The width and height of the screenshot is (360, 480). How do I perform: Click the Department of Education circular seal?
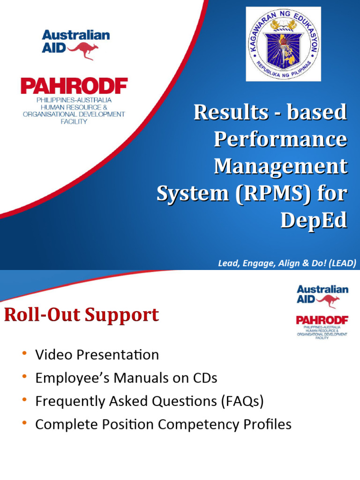point(284,44)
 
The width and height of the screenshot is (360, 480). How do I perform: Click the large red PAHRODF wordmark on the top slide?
point(74,87)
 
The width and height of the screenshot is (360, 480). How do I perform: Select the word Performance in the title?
point(281,139)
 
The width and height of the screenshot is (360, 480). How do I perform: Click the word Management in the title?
point(281,166)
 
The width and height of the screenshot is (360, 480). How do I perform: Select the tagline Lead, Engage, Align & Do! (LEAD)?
point(287,263)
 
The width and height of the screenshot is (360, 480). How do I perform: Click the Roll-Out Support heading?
point(82,315)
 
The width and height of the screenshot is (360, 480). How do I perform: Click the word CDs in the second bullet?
point(205,378)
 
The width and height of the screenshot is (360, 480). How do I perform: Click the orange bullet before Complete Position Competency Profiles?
point(24,424)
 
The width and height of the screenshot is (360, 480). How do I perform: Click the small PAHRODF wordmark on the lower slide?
point(322,320)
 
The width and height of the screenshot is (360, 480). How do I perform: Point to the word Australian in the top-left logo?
point(75,35)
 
